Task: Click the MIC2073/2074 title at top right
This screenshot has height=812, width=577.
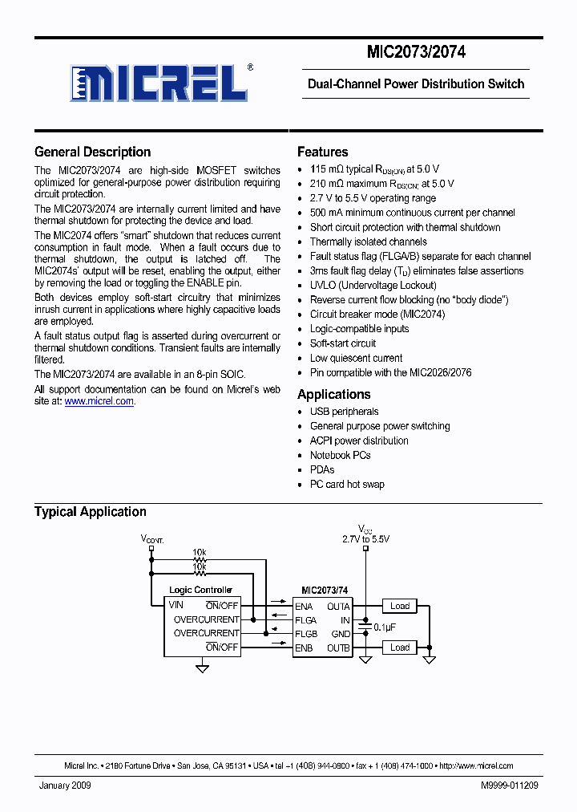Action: coord(416,53)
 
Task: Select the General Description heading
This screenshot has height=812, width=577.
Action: coord(92,152)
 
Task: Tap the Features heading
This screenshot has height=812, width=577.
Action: coord(322,152)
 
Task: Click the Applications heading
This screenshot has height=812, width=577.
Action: coord(333,394)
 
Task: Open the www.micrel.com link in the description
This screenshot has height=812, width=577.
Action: coord(99,401)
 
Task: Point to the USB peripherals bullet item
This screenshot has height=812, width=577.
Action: coord(344,412)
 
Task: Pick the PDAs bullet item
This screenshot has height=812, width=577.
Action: coord(322,469)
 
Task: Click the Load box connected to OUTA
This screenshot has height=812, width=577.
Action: coord(400,606)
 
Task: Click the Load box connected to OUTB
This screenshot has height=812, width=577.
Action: coord(400,648)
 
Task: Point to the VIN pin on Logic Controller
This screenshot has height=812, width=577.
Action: coord(176,605)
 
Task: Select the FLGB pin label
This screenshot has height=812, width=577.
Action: coord(305,634)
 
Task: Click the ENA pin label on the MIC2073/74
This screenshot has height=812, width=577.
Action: coord(304,607)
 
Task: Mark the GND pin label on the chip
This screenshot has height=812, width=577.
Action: coord(340,634)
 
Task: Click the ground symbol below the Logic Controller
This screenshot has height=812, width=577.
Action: coord(203,667)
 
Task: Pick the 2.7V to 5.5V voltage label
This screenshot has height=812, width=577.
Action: coord(365,539)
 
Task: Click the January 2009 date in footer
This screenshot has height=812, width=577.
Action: coord(65,786)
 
